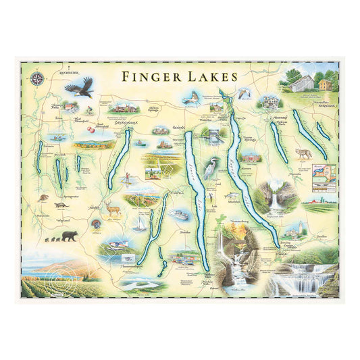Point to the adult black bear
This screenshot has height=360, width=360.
(68, 236)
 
